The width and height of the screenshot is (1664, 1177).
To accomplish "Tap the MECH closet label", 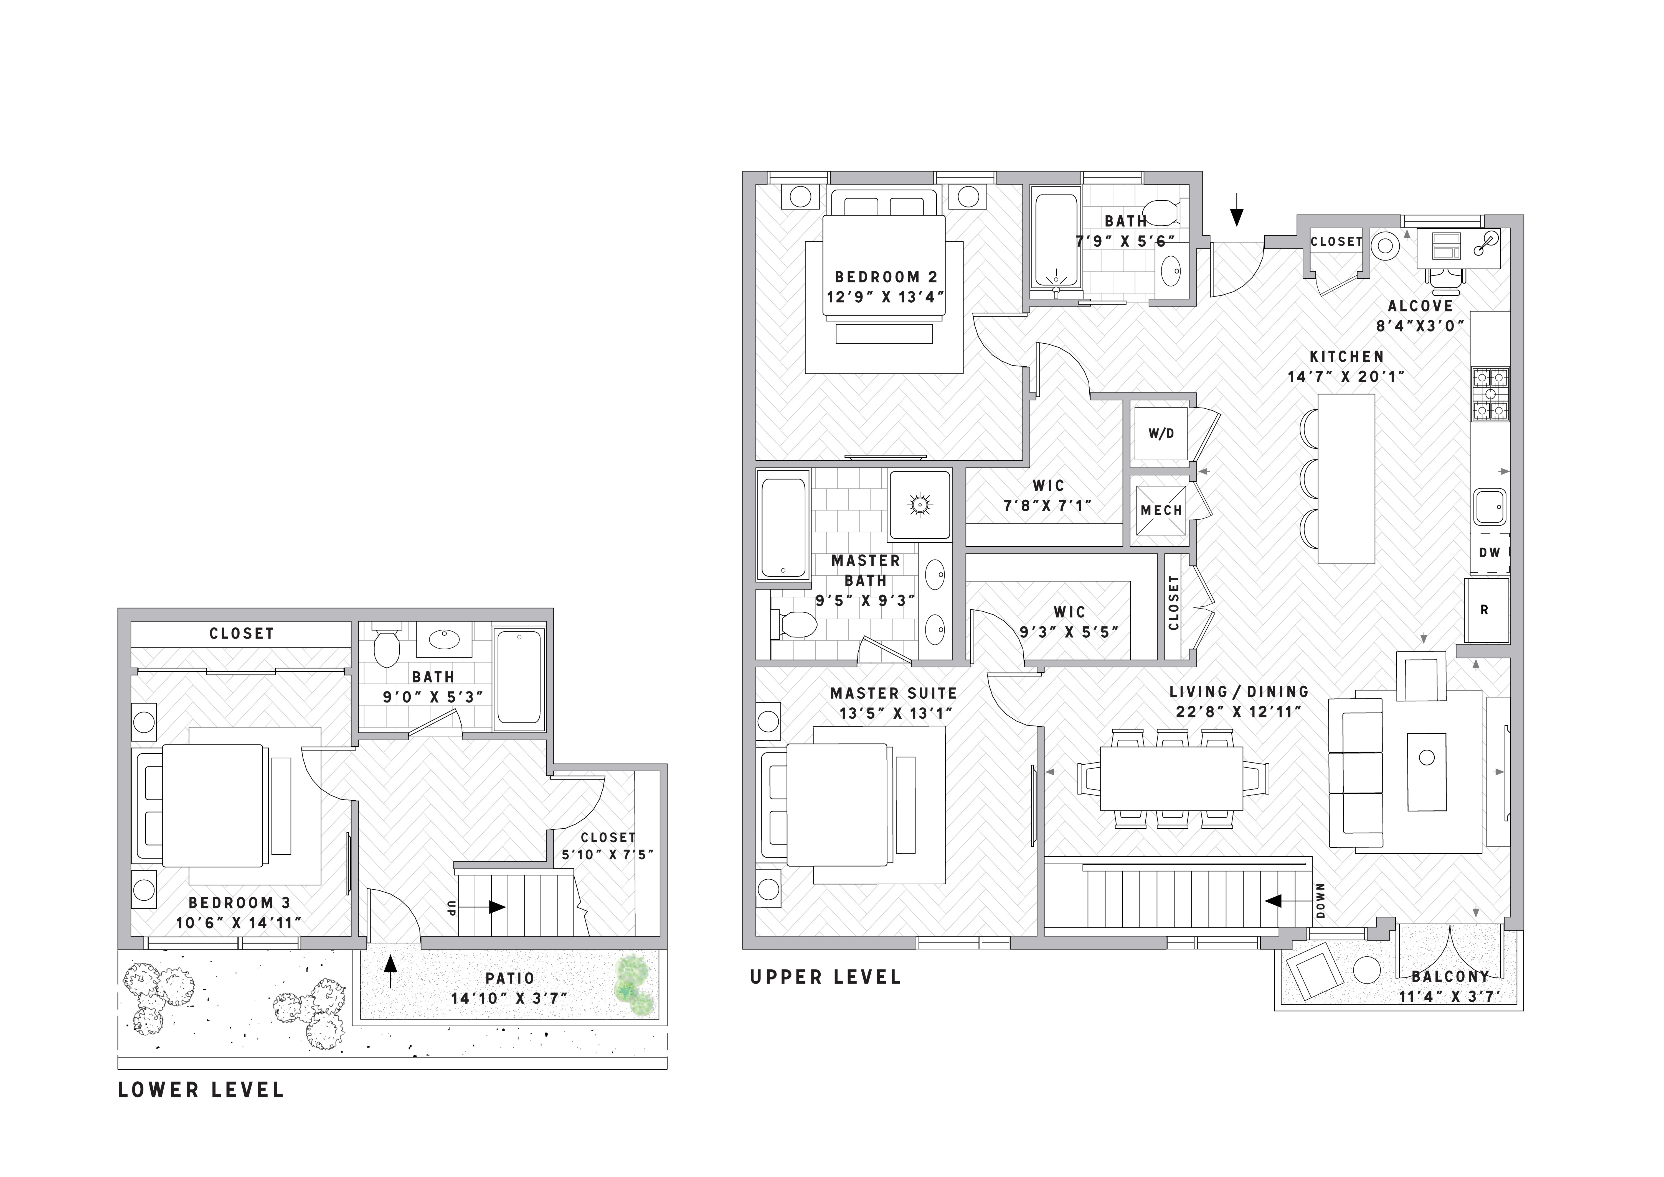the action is click(x=1161, y=510).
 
